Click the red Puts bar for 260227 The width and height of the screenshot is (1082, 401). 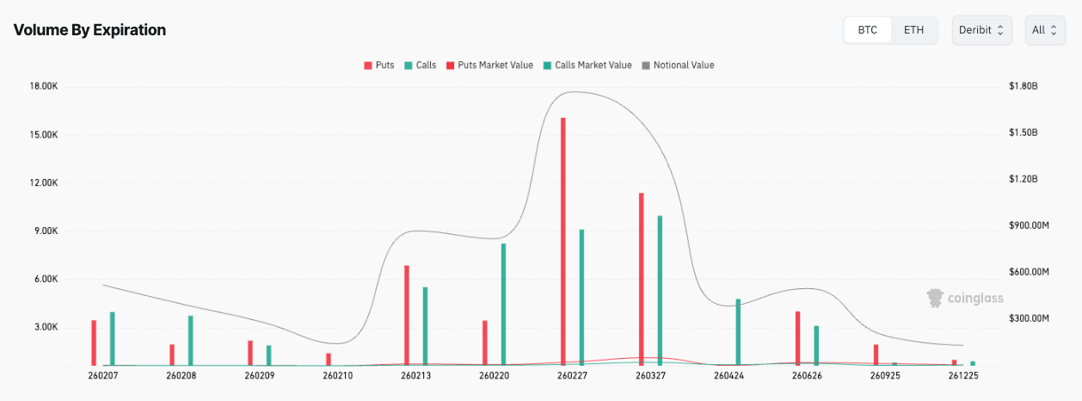click(x=563, y=241)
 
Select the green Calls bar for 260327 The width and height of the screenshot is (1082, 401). click(x=660, y=290)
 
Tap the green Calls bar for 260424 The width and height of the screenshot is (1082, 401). click(x=738, y=332)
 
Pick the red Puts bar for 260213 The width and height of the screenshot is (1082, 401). click(x=407, y=315)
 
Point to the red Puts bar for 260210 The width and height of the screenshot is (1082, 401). click(x=329, y=359)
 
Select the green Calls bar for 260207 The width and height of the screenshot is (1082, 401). click(x=113, y=338)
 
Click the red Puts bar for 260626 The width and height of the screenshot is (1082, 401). click(x=797, y=338)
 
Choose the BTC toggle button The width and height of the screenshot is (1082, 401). click(x=868, y=30)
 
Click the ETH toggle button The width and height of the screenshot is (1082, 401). click(x=913, y=30)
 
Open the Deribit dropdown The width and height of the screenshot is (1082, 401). click(x=981, y=30)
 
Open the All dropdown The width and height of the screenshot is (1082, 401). click(x=1043, y=30)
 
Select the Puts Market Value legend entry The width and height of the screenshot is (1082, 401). click(x=489, y=65)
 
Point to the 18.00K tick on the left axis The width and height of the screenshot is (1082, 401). click(x=43, y=87)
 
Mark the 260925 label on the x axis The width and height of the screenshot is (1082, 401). click(x=885, y=376)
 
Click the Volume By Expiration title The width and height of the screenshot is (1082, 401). click(x=89, y=30)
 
